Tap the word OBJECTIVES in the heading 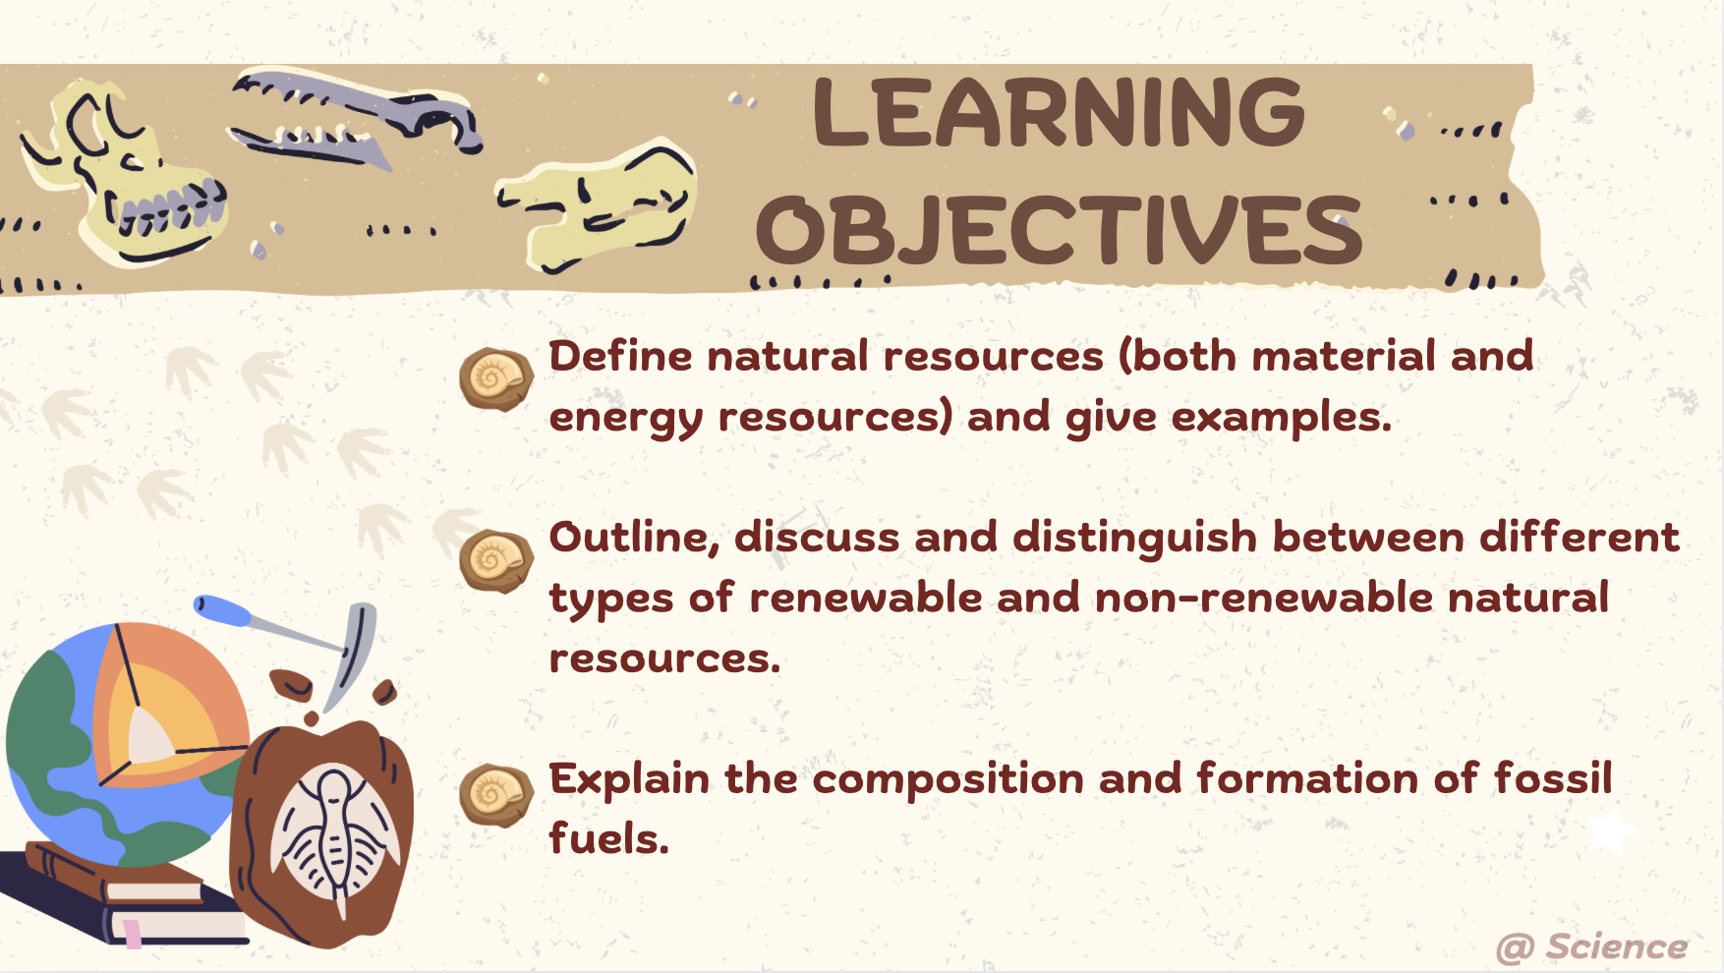click(1059, 231)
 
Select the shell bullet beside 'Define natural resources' click(495, 378)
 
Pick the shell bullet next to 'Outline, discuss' click(495, 560)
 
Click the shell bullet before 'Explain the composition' click(495, 795)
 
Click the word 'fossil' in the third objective click(1553, 778)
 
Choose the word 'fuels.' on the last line click(608, 839)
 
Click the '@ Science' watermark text click(1591, 947)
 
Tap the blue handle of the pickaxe click(224, 610)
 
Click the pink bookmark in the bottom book click(132, 932)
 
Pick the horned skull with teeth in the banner click(128, 177)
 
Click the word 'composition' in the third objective click(948, 779)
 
